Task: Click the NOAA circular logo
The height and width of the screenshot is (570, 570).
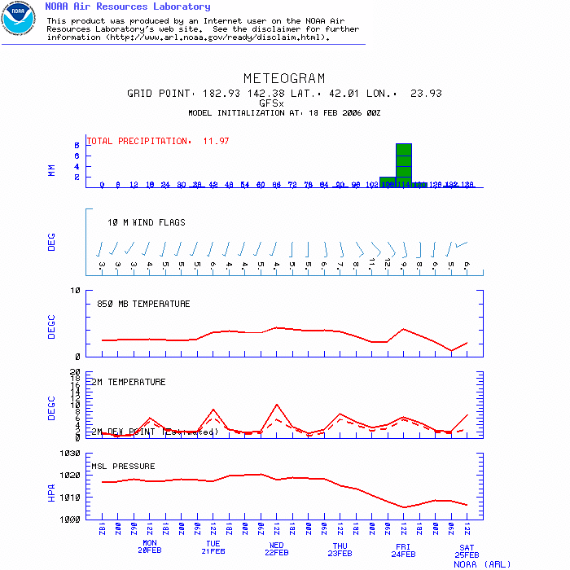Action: click(x=18, y=18)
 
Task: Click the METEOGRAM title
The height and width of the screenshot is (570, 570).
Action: click(x=284, y=79)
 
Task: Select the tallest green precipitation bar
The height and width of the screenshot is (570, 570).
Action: click(x=404, y=164)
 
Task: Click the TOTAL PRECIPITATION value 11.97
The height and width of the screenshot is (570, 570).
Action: click(x=216, y=141)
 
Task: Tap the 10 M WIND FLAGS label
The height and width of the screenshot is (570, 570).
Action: click(x=147, y=222)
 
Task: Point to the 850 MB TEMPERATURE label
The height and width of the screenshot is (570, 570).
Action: click(x=143, y=304)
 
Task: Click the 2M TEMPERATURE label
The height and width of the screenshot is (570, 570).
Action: click(x=128, y=382)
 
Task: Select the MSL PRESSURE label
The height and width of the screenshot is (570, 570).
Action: click(x=123, y=467)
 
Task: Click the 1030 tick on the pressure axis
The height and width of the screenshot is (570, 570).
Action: click(x=69, y=454)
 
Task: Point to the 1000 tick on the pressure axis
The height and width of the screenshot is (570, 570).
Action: click(x=69, y=519)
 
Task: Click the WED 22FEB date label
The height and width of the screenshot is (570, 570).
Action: click(x=277, y=548)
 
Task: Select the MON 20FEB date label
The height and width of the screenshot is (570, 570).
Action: click(x=150, y=548)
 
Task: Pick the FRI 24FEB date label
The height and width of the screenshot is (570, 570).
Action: click(x=403, y=548)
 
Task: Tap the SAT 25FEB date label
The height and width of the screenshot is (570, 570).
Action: click(x=466, y=551)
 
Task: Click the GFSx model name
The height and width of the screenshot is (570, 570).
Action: click(x=270, y=103)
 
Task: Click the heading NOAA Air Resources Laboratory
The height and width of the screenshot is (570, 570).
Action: click(x=127, y=7)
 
